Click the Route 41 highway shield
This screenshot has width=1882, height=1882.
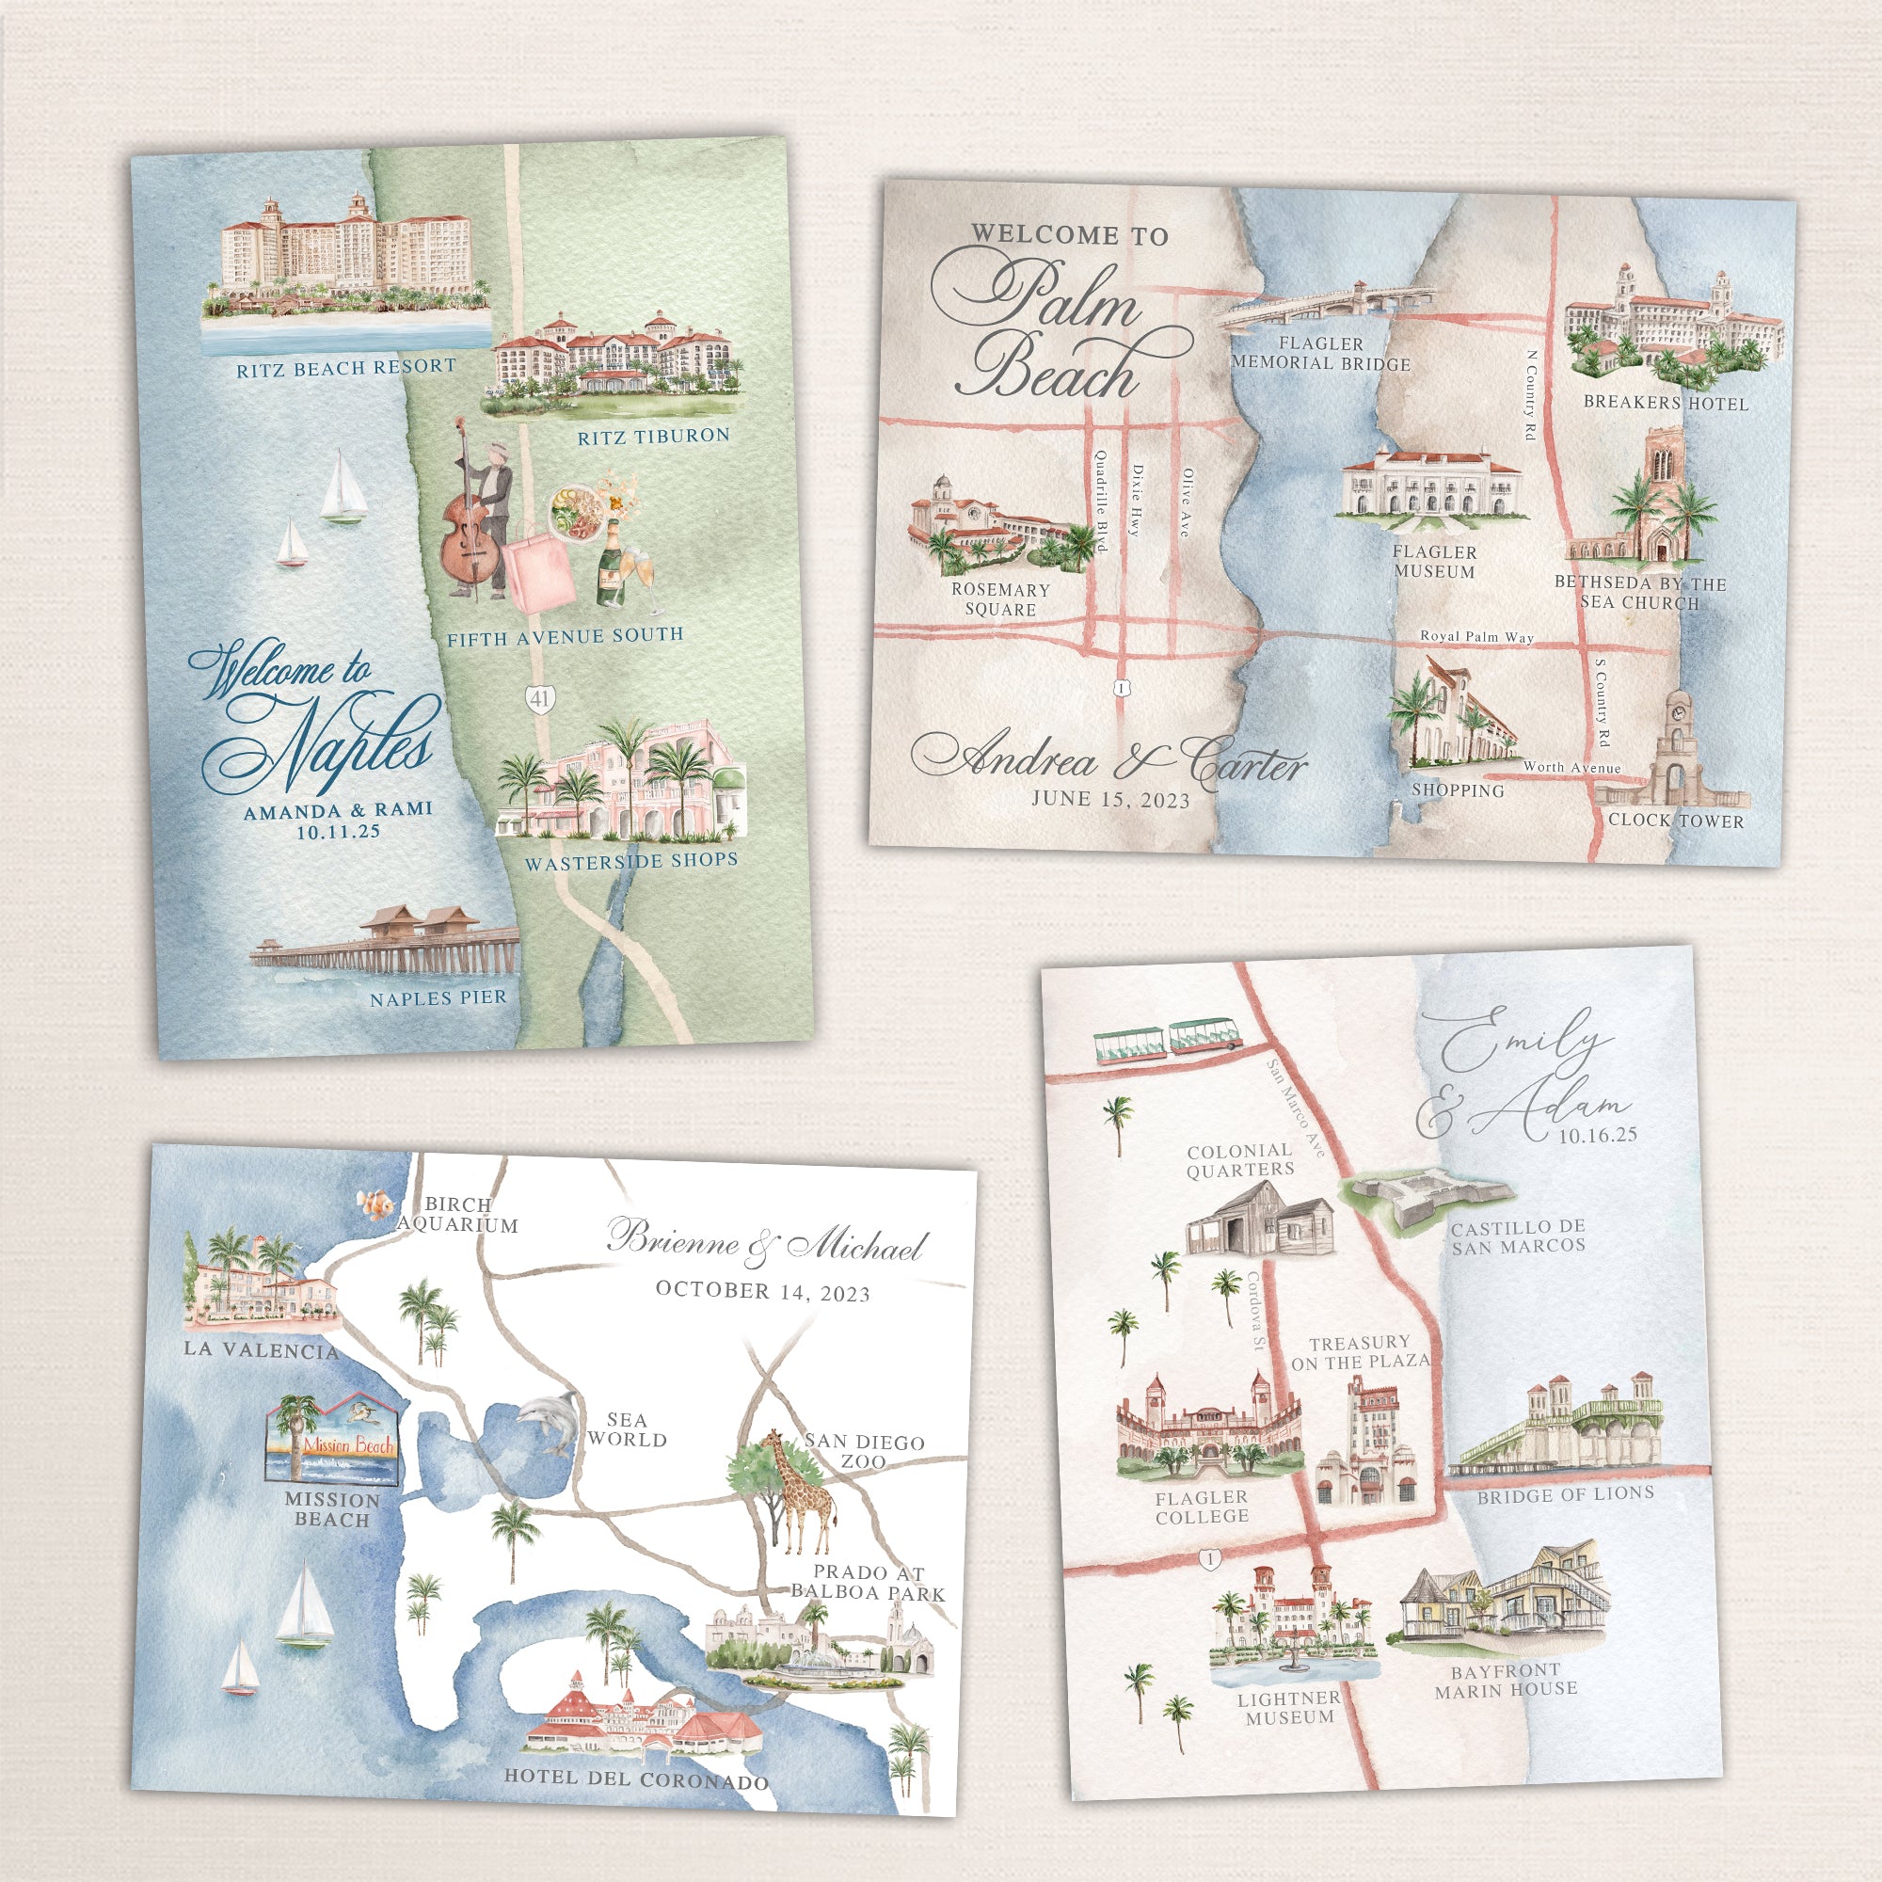pyautogui.click(x=539, y=696)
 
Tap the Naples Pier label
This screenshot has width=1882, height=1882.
pyautogui.click(x=438, y=998)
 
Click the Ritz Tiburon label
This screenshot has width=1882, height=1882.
pyautogui.click(x=653, y=437)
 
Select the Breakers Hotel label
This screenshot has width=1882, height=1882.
pyautogui.click(x=1665, y=403)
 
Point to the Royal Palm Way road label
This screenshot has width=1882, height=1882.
pyautogui.click(x=1475, y=637)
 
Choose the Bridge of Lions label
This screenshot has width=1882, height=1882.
pyautogui.click(x=1566, y=1494)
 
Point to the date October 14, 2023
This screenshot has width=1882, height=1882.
pyautogui.click(x=763, y=1292)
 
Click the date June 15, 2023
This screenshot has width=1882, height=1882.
pyautogui.click(x=1110, y=799)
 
